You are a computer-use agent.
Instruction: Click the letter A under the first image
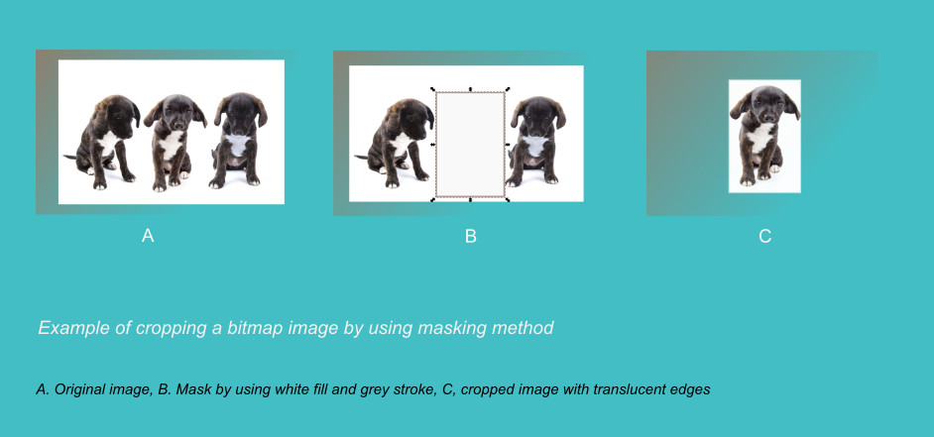pyautogui.click(x=148, y=236)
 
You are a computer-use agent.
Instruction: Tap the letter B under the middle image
pyautogui.click(x=471, y=237)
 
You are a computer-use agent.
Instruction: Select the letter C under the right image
pyautogui.click(x=764, y=237)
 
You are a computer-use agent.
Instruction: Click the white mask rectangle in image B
pyautogui.click(x=471, y=144)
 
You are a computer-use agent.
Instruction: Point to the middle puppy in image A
pyautogui.click(x=174, y=142)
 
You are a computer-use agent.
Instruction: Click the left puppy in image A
pyautogui.click(x=106, y=142)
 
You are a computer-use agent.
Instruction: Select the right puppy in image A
pyautogui.click(x=238, y=140)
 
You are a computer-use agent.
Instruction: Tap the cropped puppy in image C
pyautogui.click(x=763, y=135)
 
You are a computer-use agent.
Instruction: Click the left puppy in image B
pyautogui.click(x=397, y=143)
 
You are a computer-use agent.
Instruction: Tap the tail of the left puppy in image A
pyautogui.click(x=70, y=158)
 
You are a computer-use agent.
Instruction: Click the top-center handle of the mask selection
pyautogui.click(x=471, y=89)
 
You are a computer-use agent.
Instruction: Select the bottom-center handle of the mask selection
pyautogui.click(x=471, y=200)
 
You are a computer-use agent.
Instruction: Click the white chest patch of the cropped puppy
pyautogui.click(x=760, y=137)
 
